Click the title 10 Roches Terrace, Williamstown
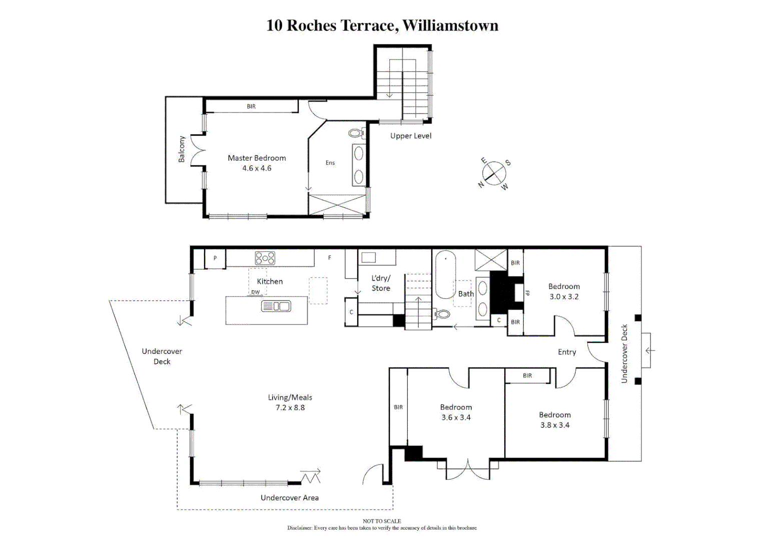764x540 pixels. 382,25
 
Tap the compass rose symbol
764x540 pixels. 494,173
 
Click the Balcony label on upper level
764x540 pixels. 182,149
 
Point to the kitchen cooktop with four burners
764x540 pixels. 265,258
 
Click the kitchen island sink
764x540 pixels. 276,306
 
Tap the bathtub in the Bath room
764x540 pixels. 445,275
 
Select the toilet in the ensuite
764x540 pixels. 356,133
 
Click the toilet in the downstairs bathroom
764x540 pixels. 442,314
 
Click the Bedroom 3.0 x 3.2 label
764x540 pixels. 564,291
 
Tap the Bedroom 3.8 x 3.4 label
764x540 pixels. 554,420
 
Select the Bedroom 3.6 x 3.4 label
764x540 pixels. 456,412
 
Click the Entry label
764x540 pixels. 567,352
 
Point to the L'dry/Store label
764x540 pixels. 381,283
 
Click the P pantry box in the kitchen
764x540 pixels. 215,258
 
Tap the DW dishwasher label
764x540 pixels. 255,292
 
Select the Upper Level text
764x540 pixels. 410,136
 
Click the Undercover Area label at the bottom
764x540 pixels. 289,497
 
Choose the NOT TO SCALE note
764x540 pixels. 382,521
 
